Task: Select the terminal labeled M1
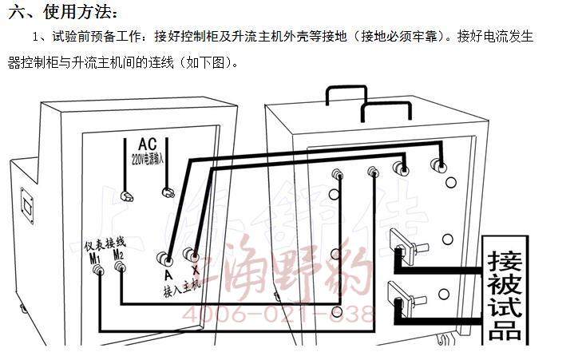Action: pyautogui.click(x=100, y=271)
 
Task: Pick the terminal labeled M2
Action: pyautogui.click(x=120, y=269)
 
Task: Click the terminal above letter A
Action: pyautogui.click(x=167, y=259)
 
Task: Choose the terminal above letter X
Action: pyautogui.click(x=192, y=255)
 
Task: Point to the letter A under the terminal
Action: pyautogui.click(x=168, y=275)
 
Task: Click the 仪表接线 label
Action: pyautogui.click(x=105, y=241)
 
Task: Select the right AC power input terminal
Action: pyautogui.click(x=168, y=191)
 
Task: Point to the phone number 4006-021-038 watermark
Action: pyautogui.click(x=279, y=312)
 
